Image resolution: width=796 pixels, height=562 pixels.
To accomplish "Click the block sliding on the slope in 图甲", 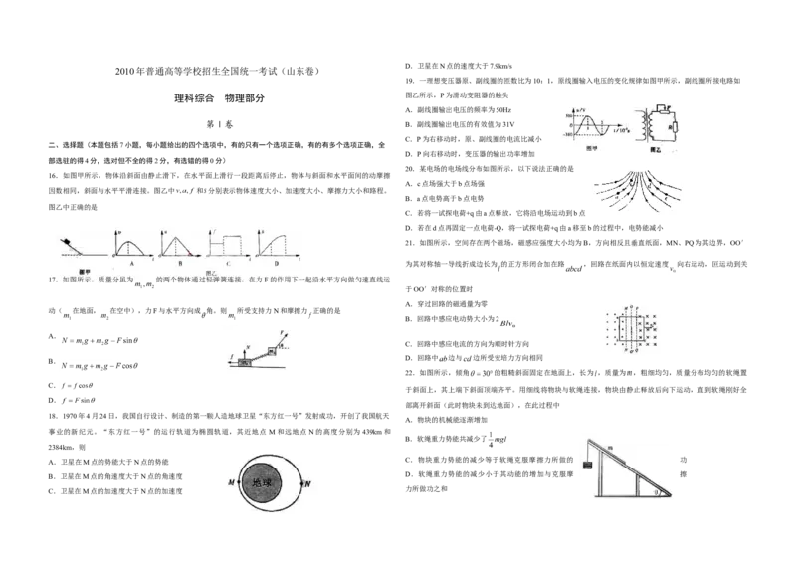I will (x=65, y=241).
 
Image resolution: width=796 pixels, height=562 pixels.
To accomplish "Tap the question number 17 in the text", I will (x=53, y=281).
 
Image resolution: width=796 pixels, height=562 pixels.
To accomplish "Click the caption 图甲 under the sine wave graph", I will (x=591, y=148).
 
